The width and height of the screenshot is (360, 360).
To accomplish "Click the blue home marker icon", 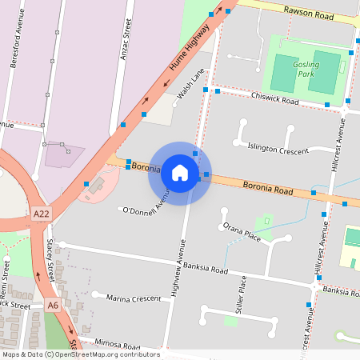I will click(x=180, y=173).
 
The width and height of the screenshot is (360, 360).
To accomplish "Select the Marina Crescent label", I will click(x=133, y=298).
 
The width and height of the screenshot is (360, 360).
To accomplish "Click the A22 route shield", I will click(x=42, y=214).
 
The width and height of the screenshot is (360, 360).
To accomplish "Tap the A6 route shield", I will click(x=53, y=306).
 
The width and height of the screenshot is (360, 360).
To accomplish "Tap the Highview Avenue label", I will click(x=178, y=268).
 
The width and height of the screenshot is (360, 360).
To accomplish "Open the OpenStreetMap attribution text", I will click(x=81, y=354).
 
